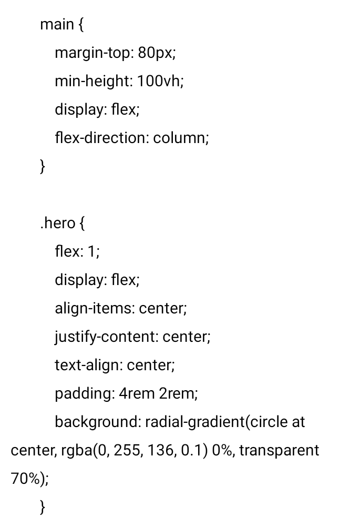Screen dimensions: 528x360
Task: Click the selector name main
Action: [x=56, y=25]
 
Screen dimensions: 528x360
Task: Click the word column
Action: [x=179, y=138]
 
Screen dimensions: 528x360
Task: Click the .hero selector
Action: [x=57, y=223]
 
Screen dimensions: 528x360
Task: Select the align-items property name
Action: [x=94, y=308]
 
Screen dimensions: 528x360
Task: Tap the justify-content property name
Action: [x=106, y=337]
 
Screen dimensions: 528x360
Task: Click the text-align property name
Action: [x=88, y=365]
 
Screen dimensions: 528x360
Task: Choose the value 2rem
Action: [x=177, y=393]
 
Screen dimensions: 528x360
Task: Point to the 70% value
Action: [x=23, y=479]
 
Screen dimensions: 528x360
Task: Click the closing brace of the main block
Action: [x=43, y=167]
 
